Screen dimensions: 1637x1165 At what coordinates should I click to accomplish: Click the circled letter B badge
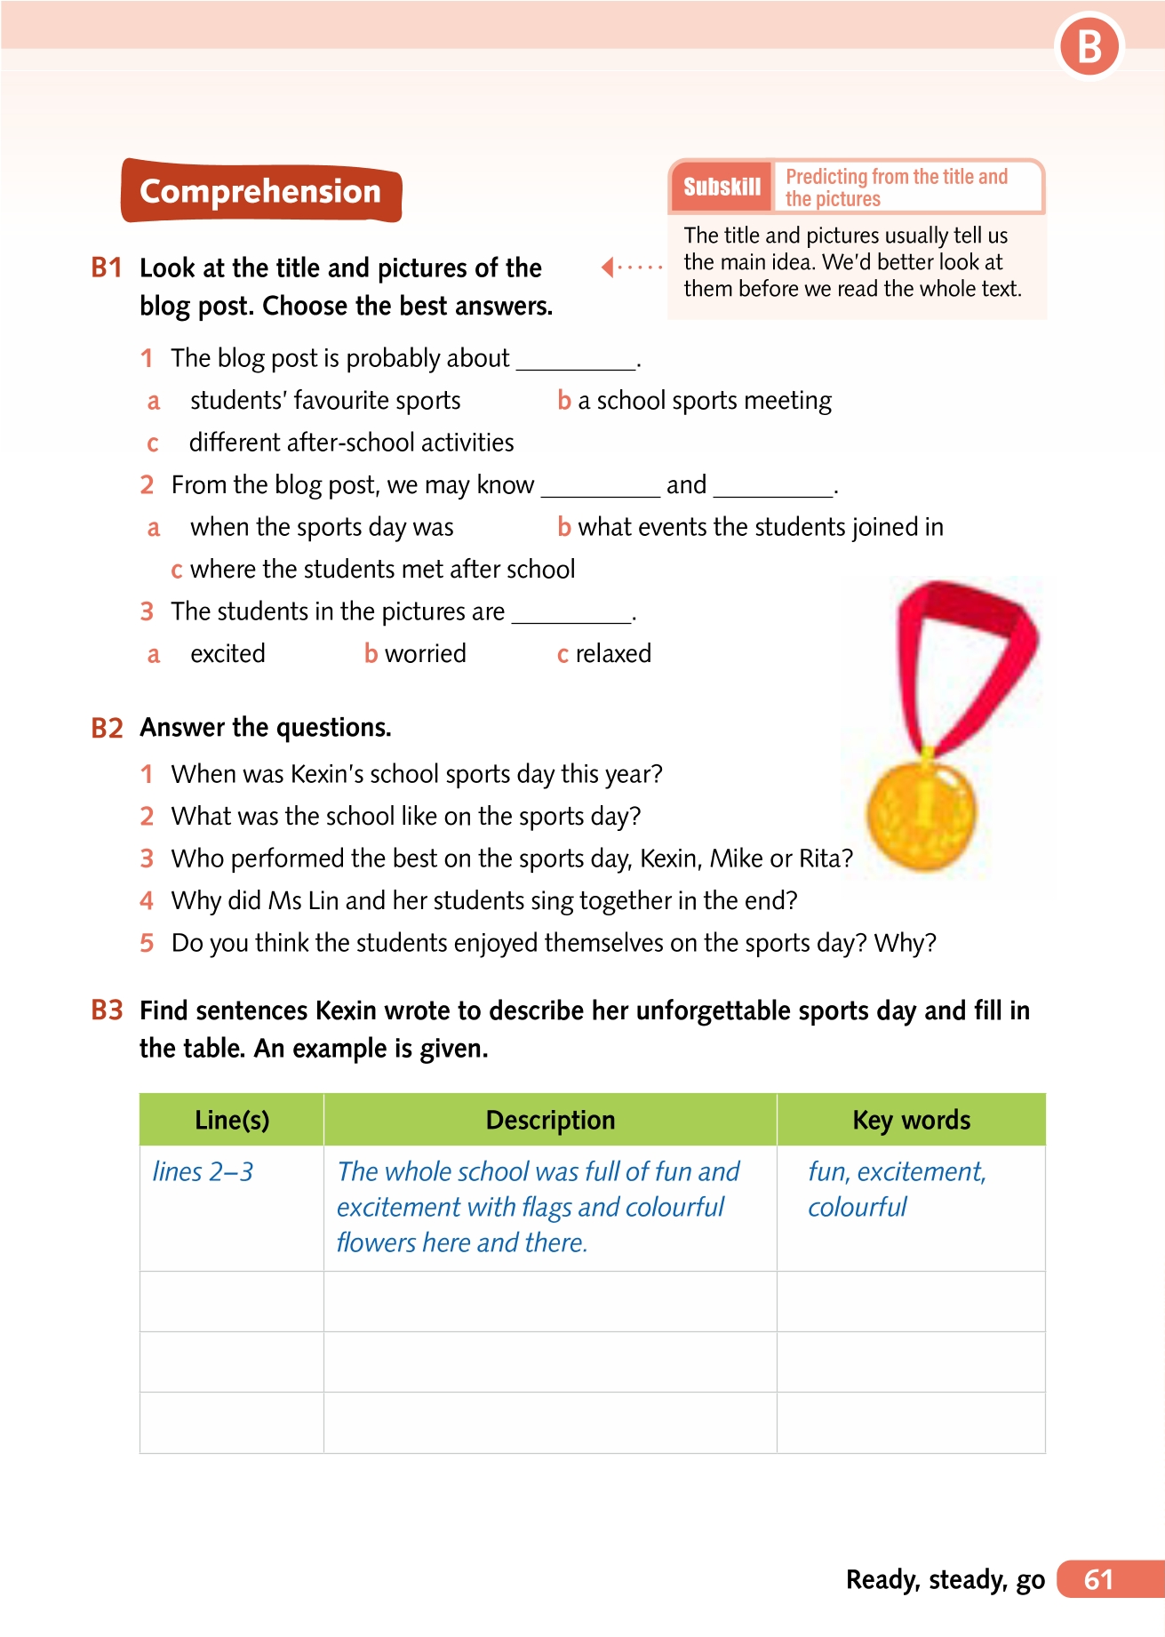pos(1089,47)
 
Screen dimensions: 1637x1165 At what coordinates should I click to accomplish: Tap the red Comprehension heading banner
pos(260,191)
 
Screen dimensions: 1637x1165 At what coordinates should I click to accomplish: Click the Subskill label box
pos(722,187)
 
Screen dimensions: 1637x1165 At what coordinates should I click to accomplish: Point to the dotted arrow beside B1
pos(631,267)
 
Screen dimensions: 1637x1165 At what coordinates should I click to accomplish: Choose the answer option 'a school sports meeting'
pos(704,401)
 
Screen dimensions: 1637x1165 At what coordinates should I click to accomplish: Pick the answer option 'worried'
pos(425,654)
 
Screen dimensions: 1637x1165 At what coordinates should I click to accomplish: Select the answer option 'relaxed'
pos(612,654)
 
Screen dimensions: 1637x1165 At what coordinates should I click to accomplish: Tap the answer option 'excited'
pos(227,654)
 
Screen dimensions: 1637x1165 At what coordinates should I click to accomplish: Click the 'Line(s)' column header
pos(232,1120)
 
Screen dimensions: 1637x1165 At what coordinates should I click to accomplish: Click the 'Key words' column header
pos(911,1120)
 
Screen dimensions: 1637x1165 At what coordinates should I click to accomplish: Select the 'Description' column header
pos(550,1120)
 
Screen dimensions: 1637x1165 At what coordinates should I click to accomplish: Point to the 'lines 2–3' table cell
pos(203,1172)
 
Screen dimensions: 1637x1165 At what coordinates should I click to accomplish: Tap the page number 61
pos(1099,1579)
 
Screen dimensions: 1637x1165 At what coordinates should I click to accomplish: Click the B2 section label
pos(107,729)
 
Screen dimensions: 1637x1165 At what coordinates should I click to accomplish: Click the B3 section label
pos(107,1010)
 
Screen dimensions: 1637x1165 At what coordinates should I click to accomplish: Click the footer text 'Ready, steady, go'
pos(945,1579)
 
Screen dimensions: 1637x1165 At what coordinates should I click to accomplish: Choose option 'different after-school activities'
pos(351,443)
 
